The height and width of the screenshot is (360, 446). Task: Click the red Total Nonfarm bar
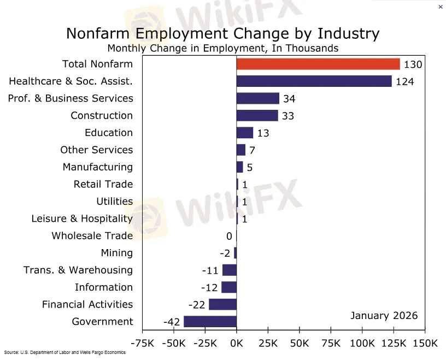point(318,64)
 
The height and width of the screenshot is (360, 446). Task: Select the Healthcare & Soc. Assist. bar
point(314,81)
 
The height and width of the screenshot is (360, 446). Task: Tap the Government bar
point(210,321)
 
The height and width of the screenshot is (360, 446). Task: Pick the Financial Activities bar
point(222,304)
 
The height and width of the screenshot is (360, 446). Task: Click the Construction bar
point(257,116)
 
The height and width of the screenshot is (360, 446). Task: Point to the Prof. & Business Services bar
point(257,98)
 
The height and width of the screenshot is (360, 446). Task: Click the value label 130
point(413,64)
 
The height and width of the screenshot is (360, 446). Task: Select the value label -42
point(172,322)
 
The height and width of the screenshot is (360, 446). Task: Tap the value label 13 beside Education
point(263,133)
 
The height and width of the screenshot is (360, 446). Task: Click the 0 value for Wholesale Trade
point(229,236)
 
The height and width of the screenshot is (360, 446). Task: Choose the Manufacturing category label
point(97,167)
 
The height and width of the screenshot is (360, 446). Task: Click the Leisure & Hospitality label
point(82,219)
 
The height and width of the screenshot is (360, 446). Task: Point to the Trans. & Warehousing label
point(78,270)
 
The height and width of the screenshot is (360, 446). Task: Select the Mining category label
point(116,253)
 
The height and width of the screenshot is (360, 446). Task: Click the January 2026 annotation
point(384,316)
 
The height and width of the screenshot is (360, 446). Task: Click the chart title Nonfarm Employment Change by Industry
point(222,33)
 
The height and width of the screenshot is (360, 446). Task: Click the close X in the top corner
point(441,7)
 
